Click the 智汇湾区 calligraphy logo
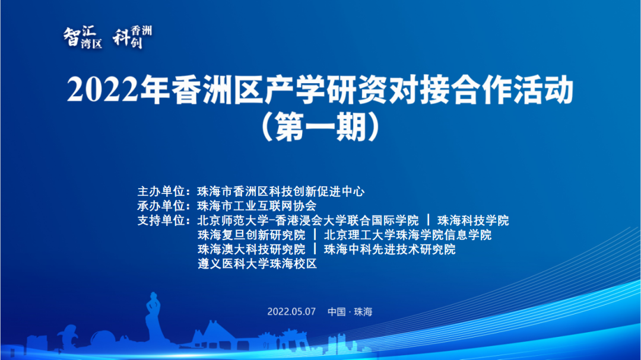82,38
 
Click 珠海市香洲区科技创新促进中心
280,192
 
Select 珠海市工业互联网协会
256,206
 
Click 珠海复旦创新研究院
251,235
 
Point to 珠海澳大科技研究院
251,250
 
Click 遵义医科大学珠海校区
257,264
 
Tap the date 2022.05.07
292,312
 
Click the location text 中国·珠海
350,312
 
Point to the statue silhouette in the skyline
153,314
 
